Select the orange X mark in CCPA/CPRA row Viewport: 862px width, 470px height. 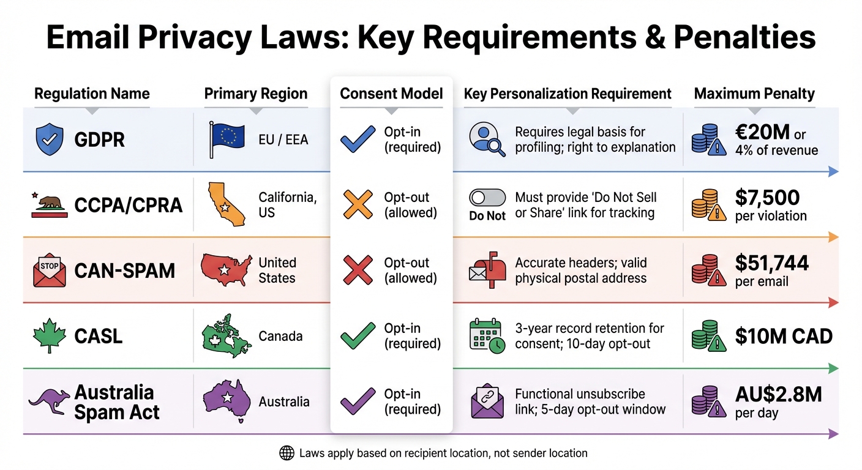pos(358,204)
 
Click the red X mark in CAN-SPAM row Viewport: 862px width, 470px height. pos(358,270)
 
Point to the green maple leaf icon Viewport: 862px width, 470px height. pos(48,336)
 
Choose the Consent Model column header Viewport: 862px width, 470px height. pos(391,94)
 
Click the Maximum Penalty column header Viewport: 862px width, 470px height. pos(754,94)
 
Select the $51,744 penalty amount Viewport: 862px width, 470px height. pos(771,263)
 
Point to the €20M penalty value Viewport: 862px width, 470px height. pos(763,133)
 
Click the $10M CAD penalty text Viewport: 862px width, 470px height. pos(783,336)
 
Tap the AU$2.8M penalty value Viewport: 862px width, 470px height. pos(778,395)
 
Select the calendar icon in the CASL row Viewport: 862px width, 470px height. pos(486,336)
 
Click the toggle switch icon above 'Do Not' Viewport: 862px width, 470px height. pos(487,198)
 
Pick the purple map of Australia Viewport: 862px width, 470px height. pos(227,401)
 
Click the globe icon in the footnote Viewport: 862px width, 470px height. pos(287,453)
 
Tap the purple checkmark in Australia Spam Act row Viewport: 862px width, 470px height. pos(358,401)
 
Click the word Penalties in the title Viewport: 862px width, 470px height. pos(744,38)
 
